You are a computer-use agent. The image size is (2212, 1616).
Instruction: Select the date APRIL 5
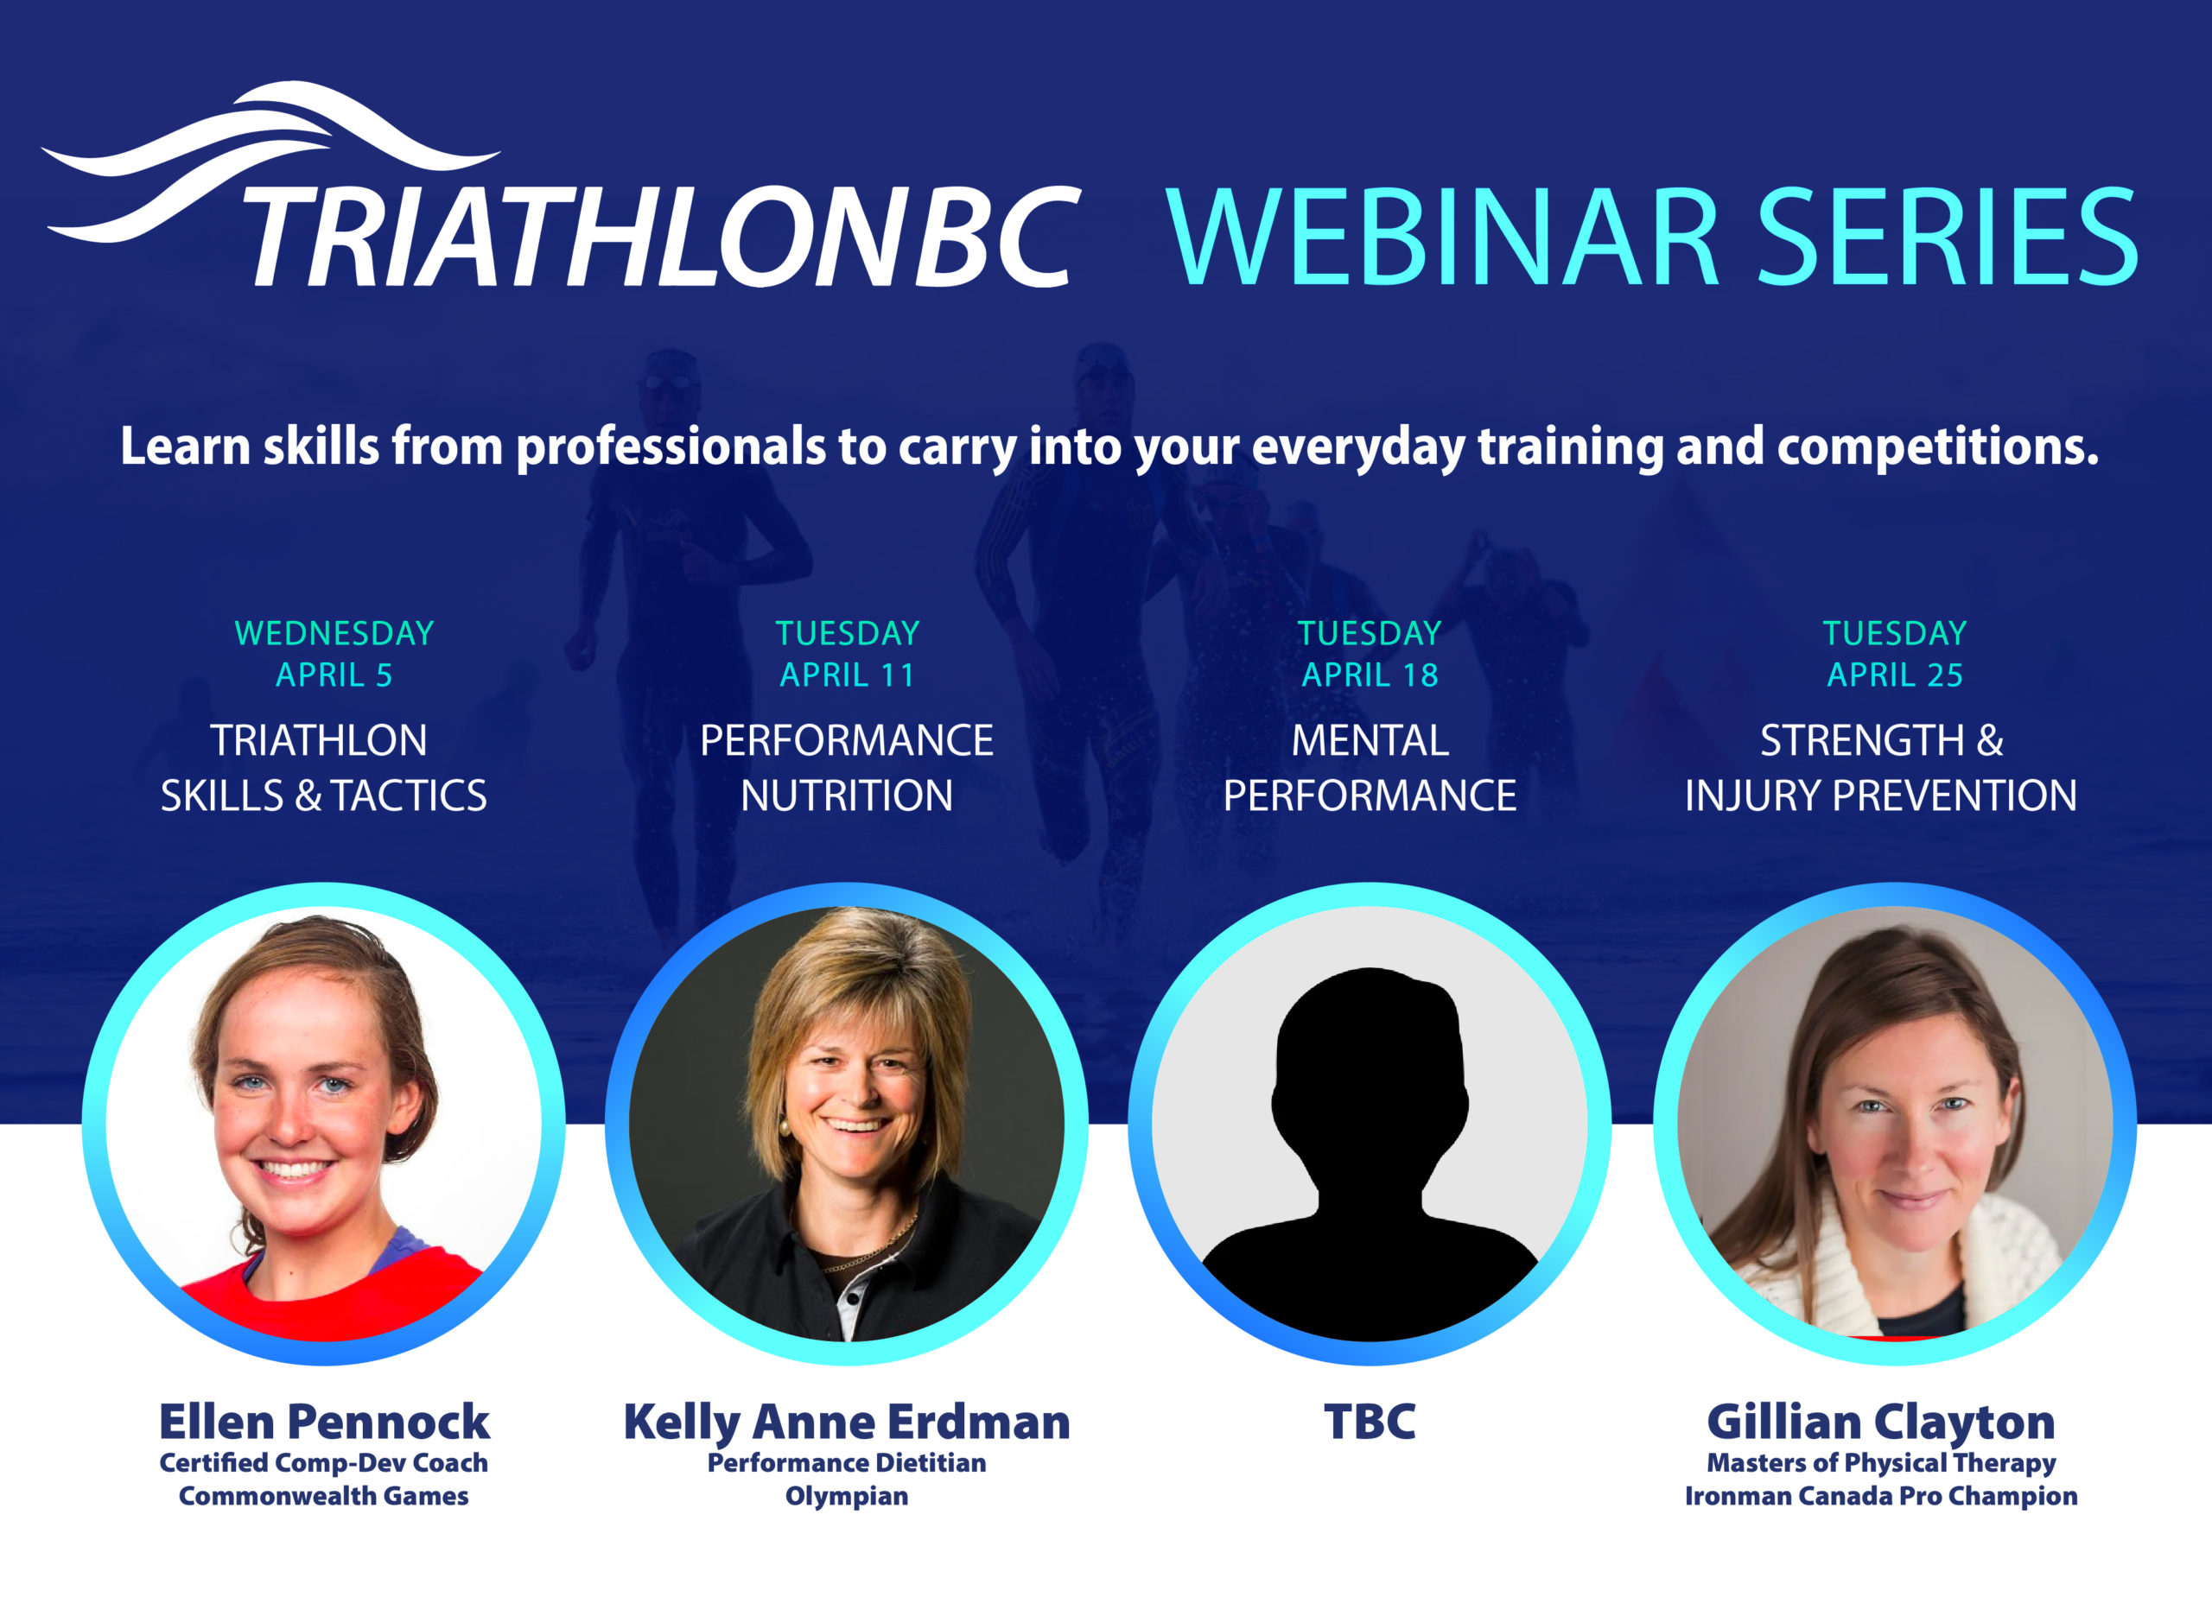[334, 675]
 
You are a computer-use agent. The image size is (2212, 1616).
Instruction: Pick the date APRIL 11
[848, 675]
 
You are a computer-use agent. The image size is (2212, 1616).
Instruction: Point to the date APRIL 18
[1370, 675]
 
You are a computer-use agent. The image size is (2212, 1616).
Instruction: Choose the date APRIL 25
[1895, 675]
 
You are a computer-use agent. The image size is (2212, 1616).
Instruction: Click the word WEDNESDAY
[334, 634]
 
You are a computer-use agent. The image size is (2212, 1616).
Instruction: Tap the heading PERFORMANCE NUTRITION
[846, 768]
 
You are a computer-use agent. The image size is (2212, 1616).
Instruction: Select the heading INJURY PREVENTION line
[1880, 796]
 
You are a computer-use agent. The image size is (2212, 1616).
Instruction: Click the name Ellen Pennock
[324, 1423]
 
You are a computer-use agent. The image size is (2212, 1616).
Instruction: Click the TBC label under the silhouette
[1370, 1423]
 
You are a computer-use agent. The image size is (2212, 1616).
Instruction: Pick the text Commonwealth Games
[324, 1496]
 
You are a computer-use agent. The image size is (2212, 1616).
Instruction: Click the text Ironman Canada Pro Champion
[1880, 1497]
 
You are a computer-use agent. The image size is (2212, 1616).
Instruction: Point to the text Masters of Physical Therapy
[1880, 1463]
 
